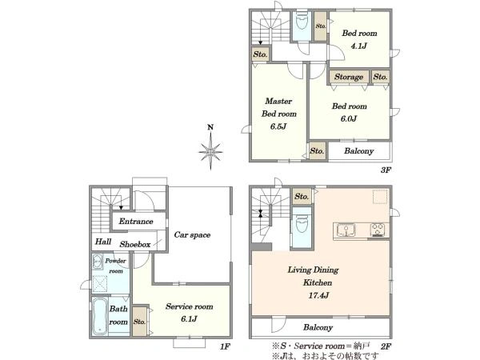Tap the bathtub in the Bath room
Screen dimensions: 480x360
99,316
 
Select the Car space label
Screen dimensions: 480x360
192,234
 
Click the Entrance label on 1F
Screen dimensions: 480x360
136,221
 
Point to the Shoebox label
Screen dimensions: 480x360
135,244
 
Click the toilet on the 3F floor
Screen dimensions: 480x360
302,21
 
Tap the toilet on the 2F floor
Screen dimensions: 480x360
302,226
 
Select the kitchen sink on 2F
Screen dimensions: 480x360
346,230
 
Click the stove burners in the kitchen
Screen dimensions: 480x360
378,230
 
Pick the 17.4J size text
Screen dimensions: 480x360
318,295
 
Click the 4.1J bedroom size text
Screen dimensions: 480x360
358,46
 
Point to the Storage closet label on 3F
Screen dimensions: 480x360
349,77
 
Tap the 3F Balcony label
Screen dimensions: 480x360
358,151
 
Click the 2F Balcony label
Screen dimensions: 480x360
318,327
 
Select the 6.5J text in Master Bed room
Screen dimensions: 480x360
278,126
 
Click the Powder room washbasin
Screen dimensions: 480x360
98,262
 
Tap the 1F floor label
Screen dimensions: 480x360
225,346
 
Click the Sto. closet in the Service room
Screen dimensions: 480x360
139,321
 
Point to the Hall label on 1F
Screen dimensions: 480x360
103,242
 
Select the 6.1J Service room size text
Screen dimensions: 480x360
189,319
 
